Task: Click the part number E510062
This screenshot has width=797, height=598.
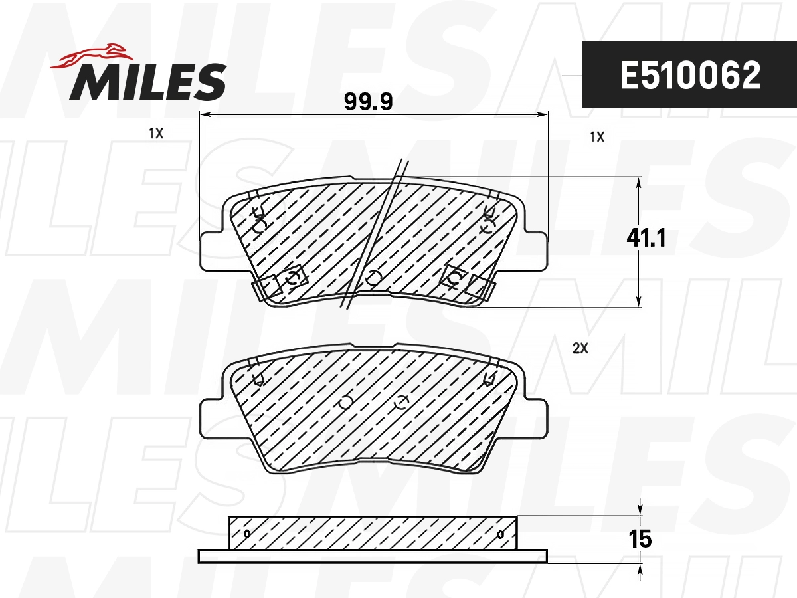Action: click(x=689, y=76)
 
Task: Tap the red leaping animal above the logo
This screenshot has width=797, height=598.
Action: click(x=90, y=56)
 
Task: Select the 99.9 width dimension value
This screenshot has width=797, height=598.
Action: click(x=369, y=102)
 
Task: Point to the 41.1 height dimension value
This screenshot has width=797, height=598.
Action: click(x=646, y=237)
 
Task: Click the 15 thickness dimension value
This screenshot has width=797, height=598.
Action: click(x=642, y=539)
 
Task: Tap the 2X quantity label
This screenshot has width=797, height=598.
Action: click(x=580, y=348)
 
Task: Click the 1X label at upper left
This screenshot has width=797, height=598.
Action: click(x=155, y=133)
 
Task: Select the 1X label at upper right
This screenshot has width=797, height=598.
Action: click(x=596, y=137)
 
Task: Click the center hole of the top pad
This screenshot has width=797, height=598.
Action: click(x=373, y=277)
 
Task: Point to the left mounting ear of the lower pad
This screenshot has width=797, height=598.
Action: click(x=211, y=419)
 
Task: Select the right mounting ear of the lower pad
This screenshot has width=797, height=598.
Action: click(x=536, y=419)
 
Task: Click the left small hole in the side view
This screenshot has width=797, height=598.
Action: click(x=247, y=534)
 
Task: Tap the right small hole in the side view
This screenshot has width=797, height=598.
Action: click(x=500, y=534)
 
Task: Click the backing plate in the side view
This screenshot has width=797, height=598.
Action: click(x=373, y=556)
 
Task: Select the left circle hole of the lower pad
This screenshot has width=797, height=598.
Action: click(x=345, y=403)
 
